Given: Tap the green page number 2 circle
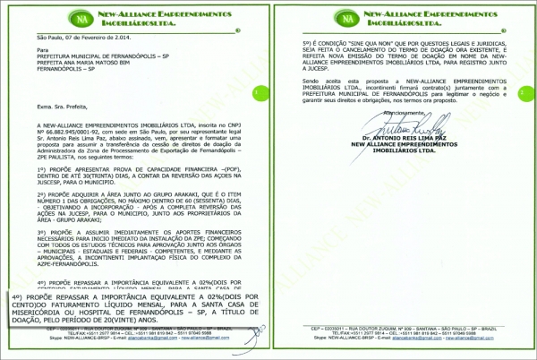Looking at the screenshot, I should tap(524, 91).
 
